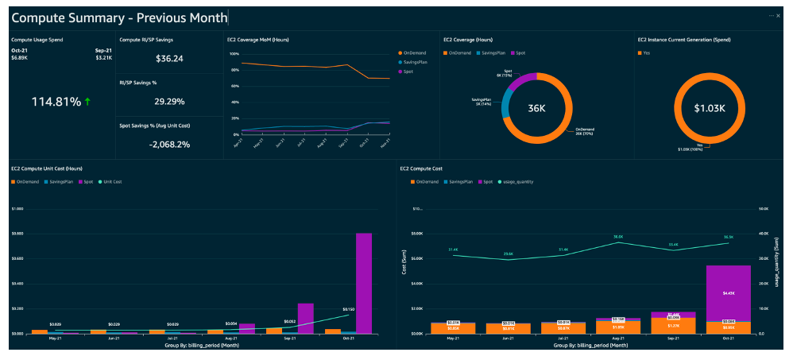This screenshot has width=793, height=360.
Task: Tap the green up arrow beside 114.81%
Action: click(87, 102)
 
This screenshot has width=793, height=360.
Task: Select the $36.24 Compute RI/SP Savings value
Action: click(169, 58)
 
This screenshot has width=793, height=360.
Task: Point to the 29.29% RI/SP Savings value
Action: click(169, 101)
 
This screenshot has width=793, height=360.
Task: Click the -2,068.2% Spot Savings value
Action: click(169, 144)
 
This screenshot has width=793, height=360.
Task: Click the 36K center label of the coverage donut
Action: click(536, 108)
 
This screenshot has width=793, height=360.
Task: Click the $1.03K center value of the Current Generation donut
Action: click(710, 108)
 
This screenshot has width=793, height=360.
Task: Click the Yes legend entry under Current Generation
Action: click(648, 53)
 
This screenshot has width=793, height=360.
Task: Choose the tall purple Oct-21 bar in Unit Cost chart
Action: click(364, 282)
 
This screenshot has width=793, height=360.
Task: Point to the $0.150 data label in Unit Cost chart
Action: click(348, 309)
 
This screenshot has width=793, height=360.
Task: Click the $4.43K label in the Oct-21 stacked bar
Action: click(728, 293)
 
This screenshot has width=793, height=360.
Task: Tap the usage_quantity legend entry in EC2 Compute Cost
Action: click(518, 182)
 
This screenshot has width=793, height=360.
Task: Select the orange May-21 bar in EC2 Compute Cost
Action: click(452, 327)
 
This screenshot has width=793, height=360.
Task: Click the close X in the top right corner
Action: click(778, 16)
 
